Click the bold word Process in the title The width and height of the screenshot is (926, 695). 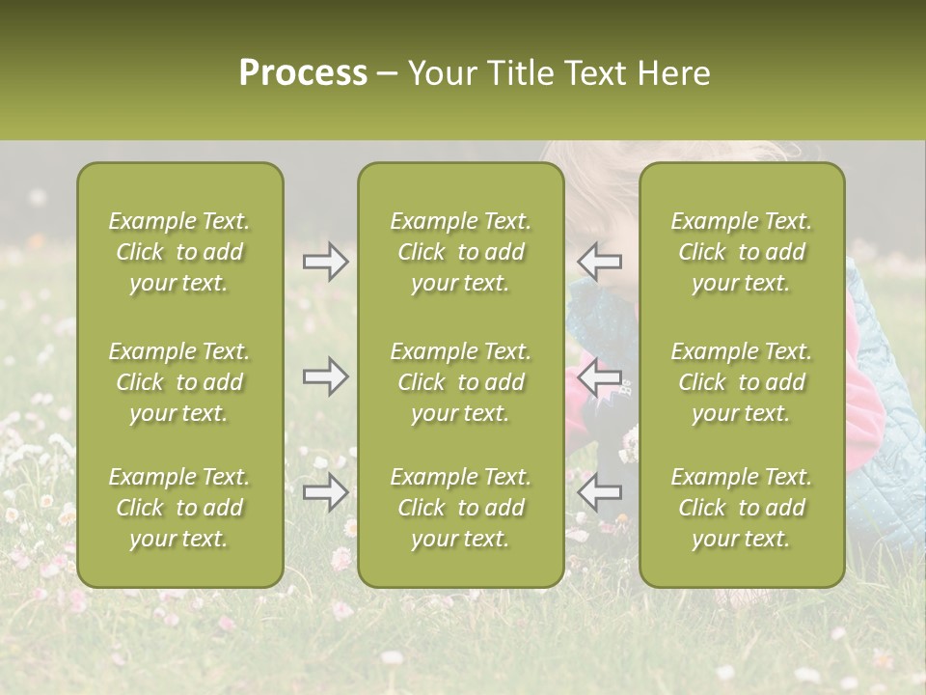(303, 73)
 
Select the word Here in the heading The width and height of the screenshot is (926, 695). (674, 73)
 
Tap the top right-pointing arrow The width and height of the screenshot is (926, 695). (325, 261)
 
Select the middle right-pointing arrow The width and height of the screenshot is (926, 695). (325, 376)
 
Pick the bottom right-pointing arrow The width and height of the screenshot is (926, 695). (325, 492)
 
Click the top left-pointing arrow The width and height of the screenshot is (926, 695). (599, 261)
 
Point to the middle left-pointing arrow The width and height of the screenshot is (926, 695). (599, 376)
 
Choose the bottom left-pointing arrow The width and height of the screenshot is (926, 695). (599, 492)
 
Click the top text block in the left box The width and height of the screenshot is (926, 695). (179, 252)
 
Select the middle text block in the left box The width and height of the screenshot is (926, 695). (179, 382)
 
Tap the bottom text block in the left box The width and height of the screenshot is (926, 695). (179, 508)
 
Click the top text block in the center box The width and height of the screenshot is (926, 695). (460, 252)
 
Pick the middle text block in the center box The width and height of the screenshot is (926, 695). (460, 382)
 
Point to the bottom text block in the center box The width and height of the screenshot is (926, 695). (460, 508)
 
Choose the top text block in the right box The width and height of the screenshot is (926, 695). (742, 252)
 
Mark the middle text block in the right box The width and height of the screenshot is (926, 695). (742, 382)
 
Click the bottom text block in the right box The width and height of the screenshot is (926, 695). (742, 508)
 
